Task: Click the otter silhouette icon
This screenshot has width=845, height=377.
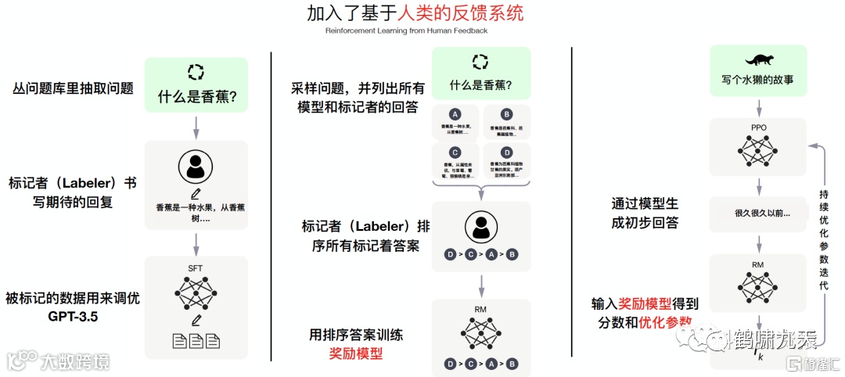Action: click(x=757, y=59)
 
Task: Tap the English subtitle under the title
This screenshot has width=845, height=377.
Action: click(x=406, y=31)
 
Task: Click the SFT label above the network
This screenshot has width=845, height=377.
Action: click(x=196, y=268)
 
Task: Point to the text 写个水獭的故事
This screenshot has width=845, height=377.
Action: click(x=757, y=79)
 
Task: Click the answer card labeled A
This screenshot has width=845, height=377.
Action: click(x=455, y=122)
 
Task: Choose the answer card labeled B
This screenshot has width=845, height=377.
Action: click(x=506, y=122)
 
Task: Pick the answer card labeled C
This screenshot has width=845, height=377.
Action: click(x=455, y=160)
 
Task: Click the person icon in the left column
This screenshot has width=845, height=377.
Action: click(x=196, y=167)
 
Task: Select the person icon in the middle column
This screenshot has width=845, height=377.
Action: click(x=480, y=228)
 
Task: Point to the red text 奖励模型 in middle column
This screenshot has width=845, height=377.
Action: click(x=356, y=353)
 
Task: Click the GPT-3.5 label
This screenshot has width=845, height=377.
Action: click(x=71, y=318)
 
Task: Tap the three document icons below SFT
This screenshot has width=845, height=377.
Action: click(x=196, y=341)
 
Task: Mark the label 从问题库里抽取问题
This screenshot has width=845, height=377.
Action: click(x=73, y=88)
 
